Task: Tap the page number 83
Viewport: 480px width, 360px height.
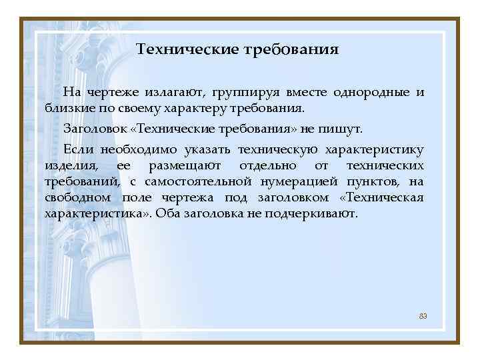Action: point(423,315)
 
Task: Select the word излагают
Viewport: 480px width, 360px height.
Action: point(174,92)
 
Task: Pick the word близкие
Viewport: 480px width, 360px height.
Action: point(65,108)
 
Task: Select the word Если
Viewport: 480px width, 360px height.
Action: point(75,148)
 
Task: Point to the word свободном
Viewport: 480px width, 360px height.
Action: point(78,198)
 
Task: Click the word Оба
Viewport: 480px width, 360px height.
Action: point(167,215)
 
